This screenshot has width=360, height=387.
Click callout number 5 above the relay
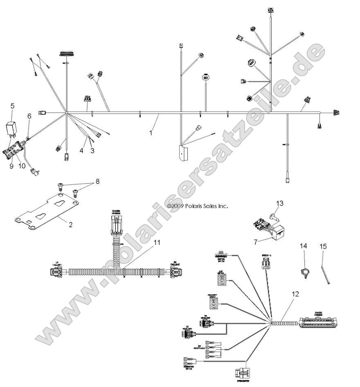(12, 106)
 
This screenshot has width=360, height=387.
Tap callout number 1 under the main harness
(151, 132)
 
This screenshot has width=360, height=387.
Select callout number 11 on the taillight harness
(157, 242)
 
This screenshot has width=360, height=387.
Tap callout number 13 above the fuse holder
(279, 203)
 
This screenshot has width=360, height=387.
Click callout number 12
(296, 294)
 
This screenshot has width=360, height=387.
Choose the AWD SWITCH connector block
(223, 279)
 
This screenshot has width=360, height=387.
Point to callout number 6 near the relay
(29, 116)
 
